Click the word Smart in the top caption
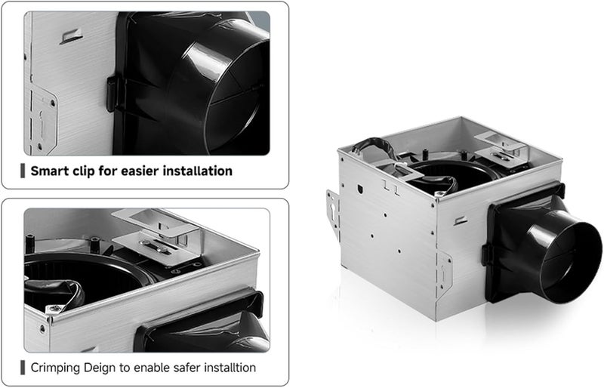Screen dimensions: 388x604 [51, 171]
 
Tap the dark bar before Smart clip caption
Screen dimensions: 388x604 [23, 171]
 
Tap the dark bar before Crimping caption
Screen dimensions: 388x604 [23, 368]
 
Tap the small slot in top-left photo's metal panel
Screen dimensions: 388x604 [72, 35]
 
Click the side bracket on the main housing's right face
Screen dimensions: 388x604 [444, 273]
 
